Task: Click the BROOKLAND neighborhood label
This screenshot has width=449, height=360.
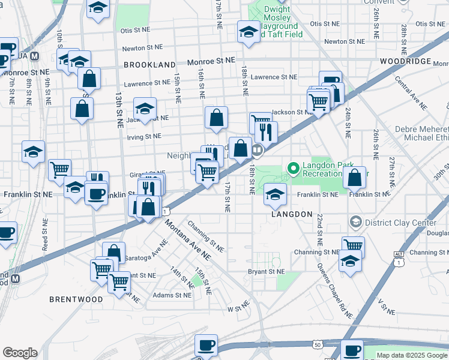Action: pyautogui.click(x=149, y=64)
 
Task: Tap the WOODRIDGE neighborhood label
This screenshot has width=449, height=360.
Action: pyautogui.click(x=406, y=62)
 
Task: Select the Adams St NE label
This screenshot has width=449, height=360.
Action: pyautogui.click(x=172, y=295)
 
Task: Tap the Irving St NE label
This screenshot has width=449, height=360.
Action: pyautogui.click(x=145, y=136)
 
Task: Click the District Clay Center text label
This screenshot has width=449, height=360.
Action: pyautogui.click(x=402, y=223)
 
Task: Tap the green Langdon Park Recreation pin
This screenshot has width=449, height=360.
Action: pyautogui.click(x=294, y=169)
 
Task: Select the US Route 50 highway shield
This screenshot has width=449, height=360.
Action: pyautogui.click(x=316, y=344)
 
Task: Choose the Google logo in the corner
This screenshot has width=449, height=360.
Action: pyautogui.click(x=20, y=353)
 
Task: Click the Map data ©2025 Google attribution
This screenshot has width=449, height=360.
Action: pyautogui.click(x=412, y=355)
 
